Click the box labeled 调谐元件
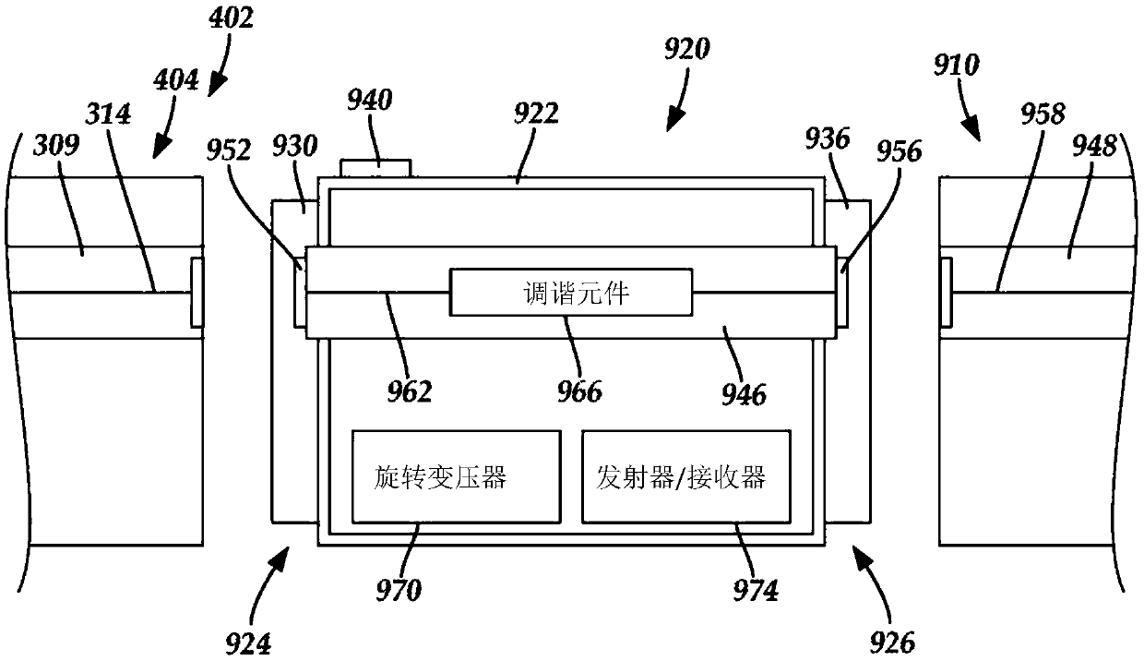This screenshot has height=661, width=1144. click(x=569, y=292)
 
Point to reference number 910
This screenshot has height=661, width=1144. click(x=956, y=65)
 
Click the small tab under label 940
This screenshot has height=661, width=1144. click(x=375, y=167)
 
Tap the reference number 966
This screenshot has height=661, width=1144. click(x=578, y=391)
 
